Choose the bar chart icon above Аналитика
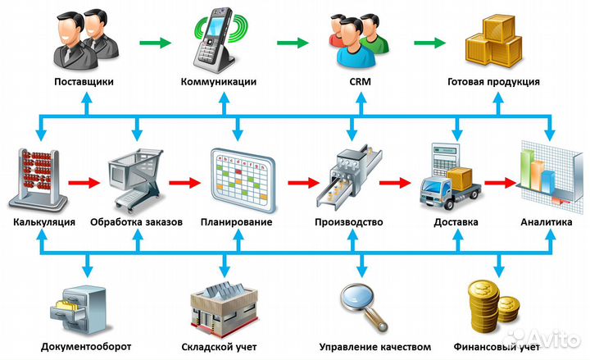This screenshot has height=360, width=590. (545, 174)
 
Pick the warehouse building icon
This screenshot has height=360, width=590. (223, 308)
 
